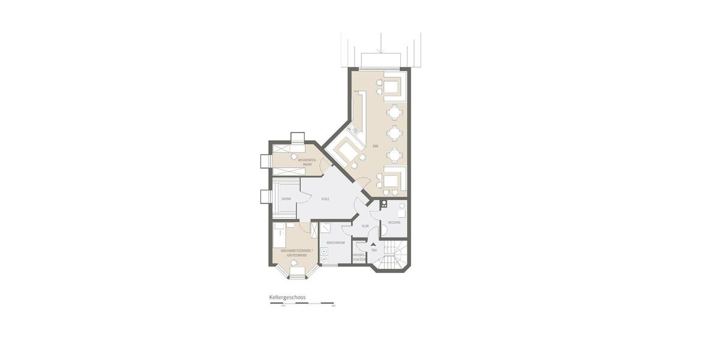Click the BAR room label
tap(376, 146)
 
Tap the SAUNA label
tap(286, 198)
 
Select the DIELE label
tap(325, 199)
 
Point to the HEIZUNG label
tap(394, 223)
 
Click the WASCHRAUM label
tap(335, 242)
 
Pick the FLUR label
tap(365, 226)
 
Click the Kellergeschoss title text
tap(287, 297)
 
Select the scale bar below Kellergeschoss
tap(302, 304)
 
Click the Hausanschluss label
tap(359, 257)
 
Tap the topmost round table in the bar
tap(394, 112)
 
